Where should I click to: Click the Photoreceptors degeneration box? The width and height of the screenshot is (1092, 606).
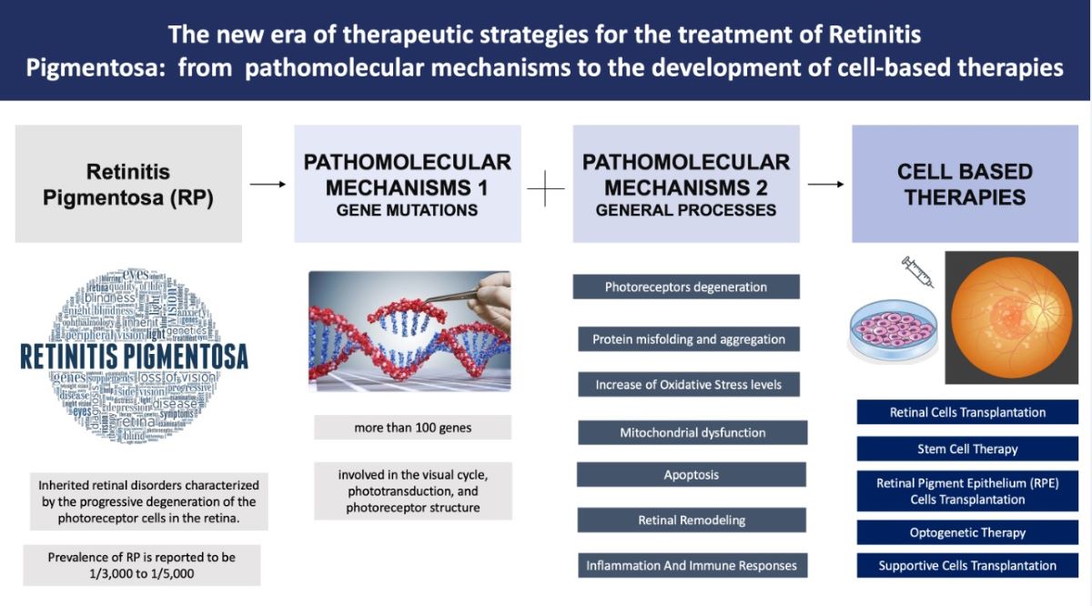[686, 288]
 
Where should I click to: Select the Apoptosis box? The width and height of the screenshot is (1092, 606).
[692, 475]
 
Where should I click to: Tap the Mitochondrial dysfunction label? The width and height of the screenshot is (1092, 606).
[693, 432]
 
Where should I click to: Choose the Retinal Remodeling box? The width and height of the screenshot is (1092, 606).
[692, 520]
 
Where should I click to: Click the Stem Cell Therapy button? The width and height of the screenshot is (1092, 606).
[967, 449]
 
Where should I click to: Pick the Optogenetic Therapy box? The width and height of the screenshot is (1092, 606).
[967, 532]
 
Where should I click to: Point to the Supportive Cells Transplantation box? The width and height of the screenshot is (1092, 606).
[967, 566]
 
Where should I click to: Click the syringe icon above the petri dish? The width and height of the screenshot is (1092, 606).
[916, 272]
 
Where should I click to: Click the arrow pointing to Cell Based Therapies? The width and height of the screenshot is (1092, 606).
[825, 185]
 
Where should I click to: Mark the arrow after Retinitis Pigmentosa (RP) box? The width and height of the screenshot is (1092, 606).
[268, 185]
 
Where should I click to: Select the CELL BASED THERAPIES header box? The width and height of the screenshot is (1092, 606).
[965, 184]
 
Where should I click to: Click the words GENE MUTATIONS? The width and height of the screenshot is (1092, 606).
[407, 211]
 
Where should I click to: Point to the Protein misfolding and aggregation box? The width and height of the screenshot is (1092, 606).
[689, 339]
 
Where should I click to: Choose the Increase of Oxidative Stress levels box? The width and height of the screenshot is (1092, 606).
[689, 385]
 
